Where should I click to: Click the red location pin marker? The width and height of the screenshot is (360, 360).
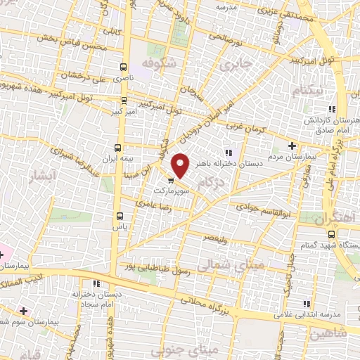point(181,165)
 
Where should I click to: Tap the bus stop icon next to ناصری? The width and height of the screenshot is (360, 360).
point(124,67)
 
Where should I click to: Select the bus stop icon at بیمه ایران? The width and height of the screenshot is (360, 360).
point(117,148)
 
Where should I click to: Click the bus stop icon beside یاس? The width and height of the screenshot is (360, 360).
point(120,215)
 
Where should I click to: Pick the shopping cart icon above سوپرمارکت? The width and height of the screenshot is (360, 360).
point(172,180)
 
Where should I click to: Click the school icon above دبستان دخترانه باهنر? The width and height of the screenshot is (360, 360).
point(228,153)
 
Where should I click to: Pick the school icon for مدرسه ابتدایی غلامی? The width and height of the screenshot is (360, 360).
point(306,303)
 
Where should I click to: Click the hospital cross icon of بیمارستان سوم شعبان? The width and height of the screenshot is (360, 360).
point(25,310)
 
